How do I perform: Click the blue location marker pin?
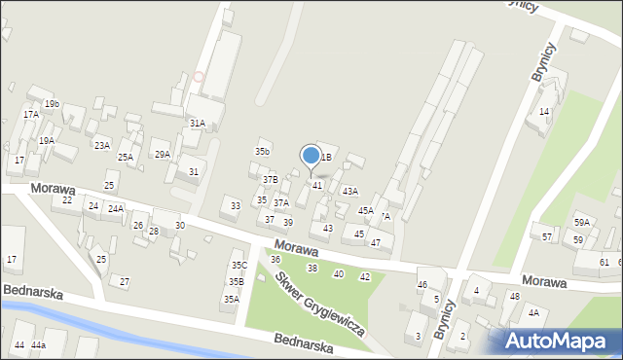[x=311, y=156]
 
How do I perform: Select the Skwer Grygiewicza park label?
[x=318, y=303]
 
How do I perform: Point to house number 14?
[x=545, y=112]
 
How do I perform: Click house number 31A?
[x=197, y=124]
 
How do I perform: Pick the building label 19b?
[x=51, y=104]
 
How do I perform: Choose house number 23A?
[x=101, y=145]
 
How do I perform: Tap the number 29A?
[x=162, y=154]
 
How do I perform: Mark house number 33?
[x=235, y=205]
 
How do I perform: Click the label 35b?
[x=262, y=152]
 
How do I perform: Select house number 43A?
[x=349, y=191]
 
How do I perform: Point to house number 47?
[x=375, y=242]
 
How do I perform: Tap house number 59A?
[x=582, y=223]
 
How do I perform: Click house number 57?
[x=547, y=236]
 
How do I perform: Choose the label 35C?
[x=238, y=266]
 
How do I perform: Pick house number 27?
[x=124, y=281]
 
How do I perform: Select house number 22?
[x=67, y=199]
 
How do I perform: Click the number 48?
[x=514, y=296]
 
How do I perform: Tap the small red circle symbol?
[x=199, y=76]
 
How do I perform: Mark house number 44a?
[x=38, y=345]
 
